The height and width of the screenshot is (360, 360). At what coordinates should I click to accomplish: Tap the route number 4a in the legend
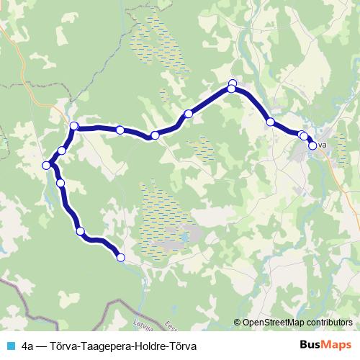click(28, 346)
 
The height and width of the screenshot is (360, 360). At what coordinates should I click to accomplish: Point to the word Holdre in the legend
click(145, 346)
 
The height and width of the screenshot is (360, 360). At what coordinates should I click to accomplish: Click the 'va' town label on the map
click(323, 145)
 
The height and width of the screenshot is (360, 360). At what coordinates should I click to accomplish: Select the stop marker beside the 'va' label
click(312, 145)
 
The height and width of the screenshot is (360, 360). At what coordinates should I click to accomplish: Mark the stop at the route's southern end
click(120, 257)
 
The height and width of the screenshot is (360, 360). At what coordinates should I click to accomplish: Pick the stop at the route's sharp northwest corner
click(73, 127)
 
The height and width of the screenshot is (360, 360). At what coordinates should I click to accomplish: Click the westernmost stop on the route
click(47, 165)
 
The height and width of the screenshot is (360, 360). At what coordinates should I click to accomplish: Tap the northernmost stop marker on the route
click(232, 83)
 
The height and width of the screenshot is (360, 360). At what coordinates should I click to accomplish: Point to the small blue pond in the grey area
click(188, 235)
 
